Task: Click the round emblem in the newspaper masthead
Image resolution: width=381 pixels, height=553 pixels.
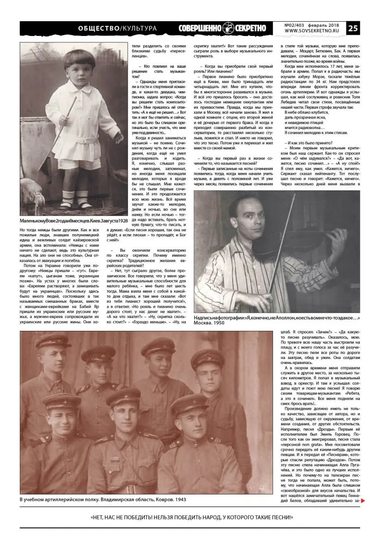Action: [228, 28]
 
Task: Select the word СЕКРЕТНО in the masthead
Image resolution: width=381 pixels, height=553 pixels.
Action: [250, 28]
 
